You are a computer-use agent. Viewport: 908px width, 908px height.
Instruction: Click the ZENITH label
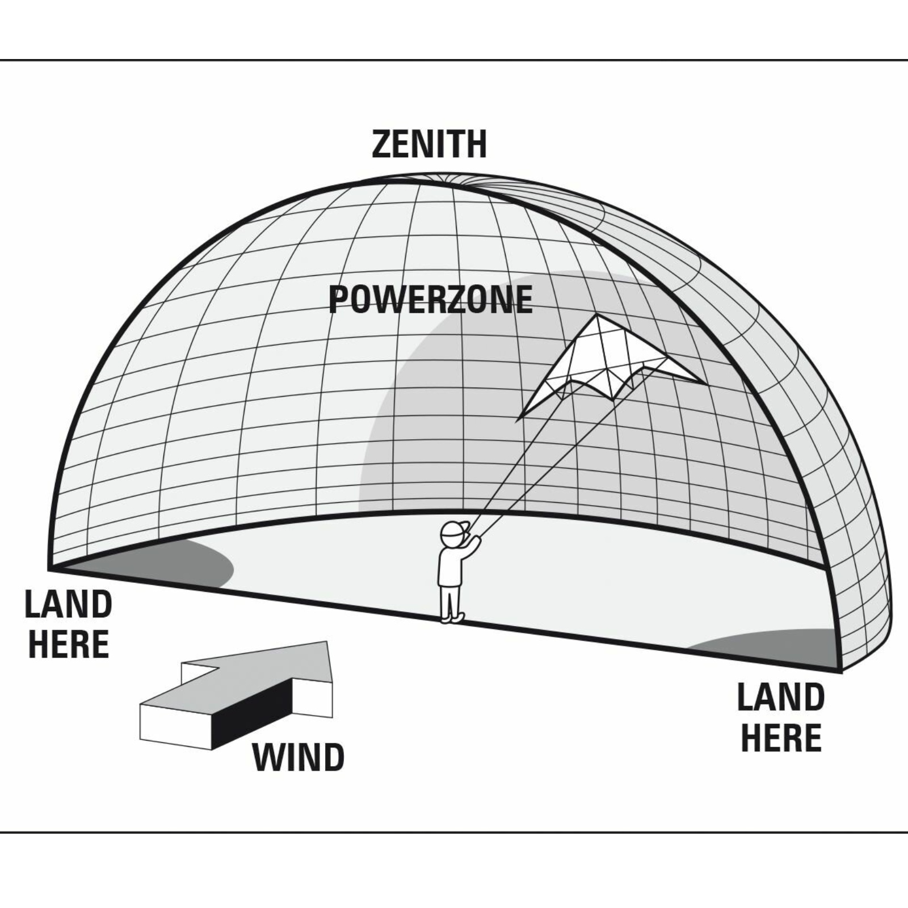430,144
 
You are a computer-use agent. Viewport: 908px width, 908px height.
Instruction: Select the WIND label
299,757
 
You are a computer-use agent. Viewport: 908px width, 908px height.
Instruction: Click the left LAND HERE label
68,624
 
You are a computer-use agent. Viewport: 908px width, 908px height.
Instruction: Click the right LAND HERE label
781,717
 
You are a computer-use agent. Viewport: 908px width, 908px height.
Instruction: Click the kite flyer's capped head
452,533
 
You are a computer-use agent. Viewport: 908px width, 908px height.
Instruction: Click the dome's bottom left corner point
50,567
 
